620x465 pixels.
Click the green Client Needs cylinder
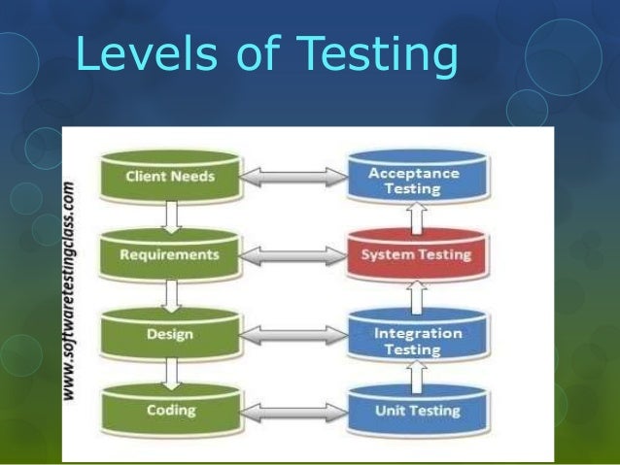170,178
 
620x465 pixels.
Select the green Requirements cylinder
170,255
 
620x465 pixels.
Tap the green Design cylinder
170,334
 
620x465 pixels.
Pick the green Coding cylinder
170,410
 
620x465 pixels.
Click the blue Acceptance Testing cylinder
416,181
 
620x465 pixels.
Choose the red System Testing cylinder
416,255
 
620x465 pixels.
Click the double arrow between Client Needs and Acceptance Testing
293,177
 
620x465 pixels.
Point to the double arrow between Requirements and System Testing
293,254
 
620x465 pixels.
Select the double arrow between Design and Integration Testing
293,334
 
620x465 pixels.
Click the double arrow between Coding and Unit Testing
293,411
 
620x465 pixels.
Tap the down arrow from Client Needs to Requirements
171,216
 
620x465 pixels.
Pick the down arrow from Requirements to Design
171,293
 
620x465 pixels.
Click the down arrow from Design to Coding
171,372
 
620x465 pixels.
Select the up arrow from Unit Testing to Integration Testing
416,373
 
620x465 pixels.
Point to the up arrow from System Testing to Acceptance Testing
416,219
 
